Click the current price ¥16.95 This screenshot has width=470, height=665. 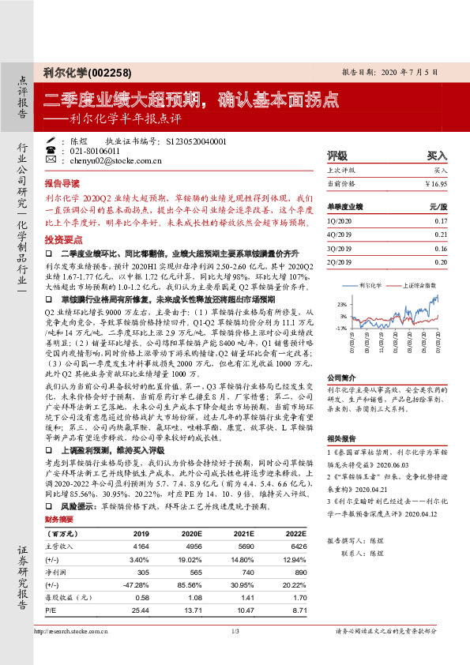[436, 183]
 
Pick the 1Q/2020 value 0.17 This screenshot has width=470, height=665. [440, 221]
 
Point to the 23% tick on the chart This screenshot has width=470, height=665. [341, 303]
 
